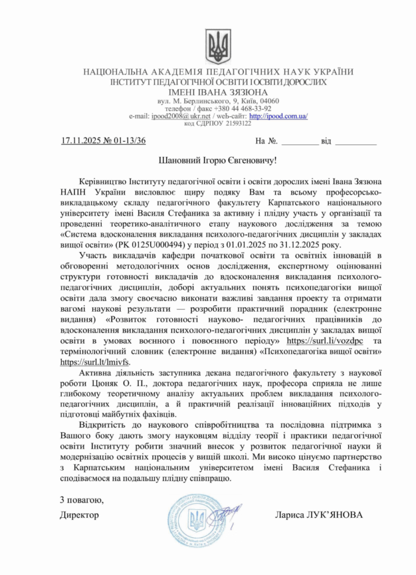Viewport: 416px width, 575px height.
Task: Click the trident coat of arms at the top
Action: (218, 46)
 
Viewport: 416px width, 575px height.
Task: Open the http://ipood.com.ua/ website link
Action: (278, 116)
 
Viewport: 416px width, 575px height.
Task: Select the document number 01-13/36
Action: (129, 141)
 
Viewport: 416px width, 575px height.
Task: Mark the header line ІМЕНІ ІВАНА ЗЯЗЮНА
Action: (218, 92)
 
